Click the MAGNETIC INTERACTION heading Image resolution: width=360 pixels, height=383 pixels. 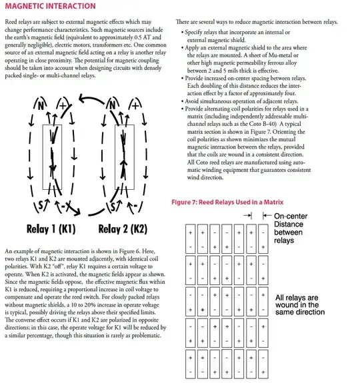[51, 6]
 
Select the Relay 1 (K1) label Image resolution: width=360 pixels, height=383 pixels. [51, 229]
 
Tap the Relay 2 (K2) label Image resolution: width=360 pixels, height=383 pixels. [123, 229]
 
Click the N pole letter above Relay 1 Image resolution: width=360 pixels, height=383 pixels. [41, 105]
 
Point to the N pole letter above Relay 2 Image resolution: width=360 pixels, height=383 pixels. [113, 105]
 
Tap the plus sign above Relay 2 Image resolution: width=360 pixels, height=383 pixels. [135, 105]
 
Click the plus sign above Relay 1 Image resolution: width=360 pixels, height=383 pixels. [63, 105]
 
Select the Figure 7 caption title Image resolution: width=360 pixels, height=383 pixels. [227, 202]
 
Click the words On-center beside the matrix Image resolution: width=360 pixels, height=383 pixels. [291, 216]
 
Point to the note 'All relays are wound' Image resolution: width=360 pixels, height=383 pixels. [297, 301]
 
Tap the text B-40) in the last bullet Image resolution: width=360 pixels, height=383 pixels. [269, 124]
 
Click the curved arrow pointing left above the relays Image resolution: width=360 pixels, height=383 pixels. [91, 99]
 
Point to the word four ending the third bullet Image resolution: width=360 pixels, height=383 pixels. [290, 93]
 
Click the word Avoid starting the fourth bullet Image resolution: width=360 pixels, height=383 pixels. [191, 101]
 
